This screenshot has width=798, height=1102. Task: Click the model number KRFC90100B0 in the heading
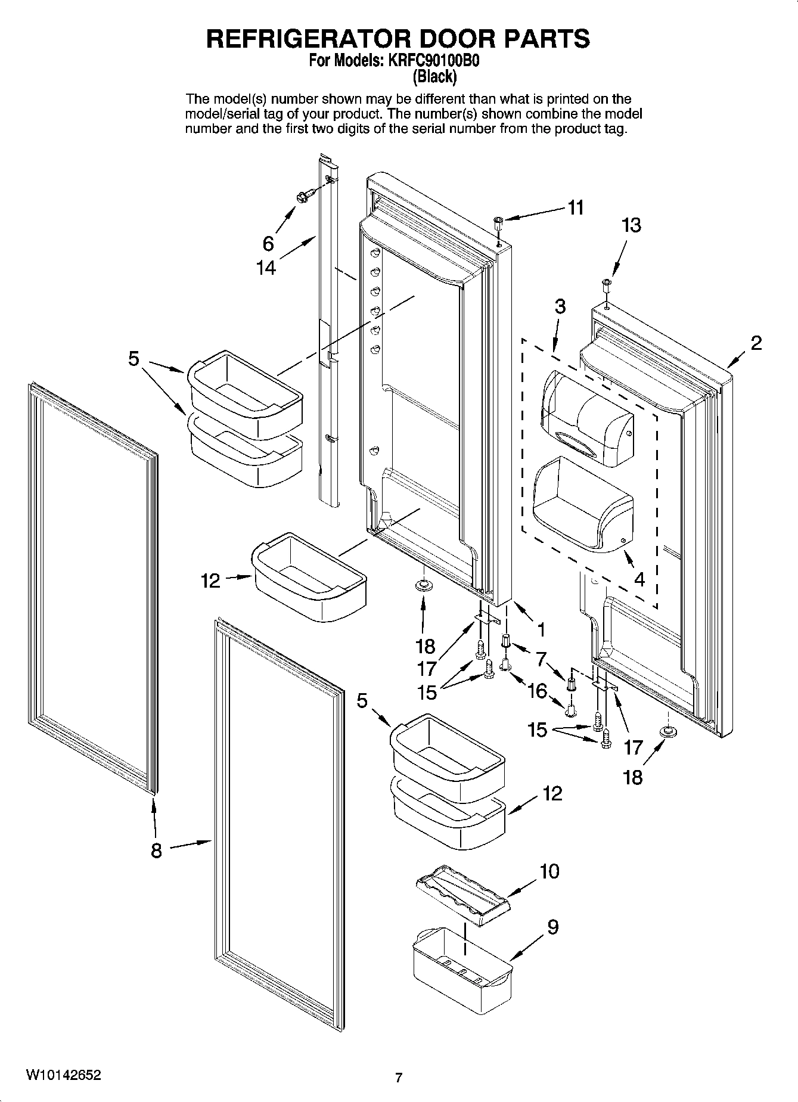pos(433,61)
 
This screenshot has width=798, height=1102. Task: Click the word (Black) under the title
pos(435,76)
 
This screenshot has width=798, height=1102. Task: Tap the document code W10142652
pos(64,1075)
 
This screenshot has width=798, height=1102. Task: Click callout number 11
pos(575,208)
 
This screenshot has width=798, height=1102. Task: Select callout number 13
pos(631,225)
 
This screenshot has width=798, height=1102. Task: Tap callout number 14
pos(266,268)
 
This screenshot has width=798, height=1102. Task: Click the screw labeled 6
pos(302,197)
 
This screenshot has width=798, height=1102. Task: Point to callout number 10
pos(549,871)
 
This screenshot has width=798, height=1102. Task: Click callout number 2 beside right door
pos(756,343)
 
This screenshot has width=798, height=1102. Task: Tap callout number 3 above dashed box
pos(560,306)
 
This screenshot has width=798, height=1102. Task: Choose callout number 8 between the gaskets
pos(156,851)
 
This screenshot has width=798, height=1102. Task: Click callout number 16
pos(537,691)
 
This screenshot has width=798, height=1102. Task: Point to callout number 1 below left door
pos(541,629)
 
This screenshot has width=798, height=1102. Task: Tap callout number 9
pos(552,927)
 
